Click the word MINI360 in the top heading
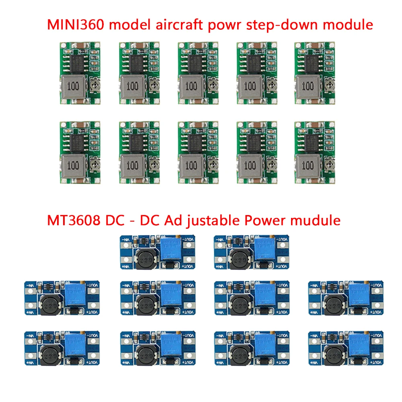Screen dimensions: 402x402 (x=76, y=25)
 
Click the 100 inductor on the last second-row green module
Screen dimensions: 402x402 (x=308, y=165)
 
